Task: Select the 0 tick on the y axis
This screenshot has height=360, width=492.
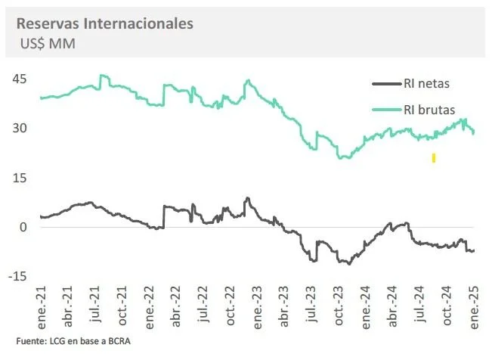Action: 24,227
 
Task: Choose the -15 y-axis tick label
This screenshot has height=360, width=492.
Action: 19,276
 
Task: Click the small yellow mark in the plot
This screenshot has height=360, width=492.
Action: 434,158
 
